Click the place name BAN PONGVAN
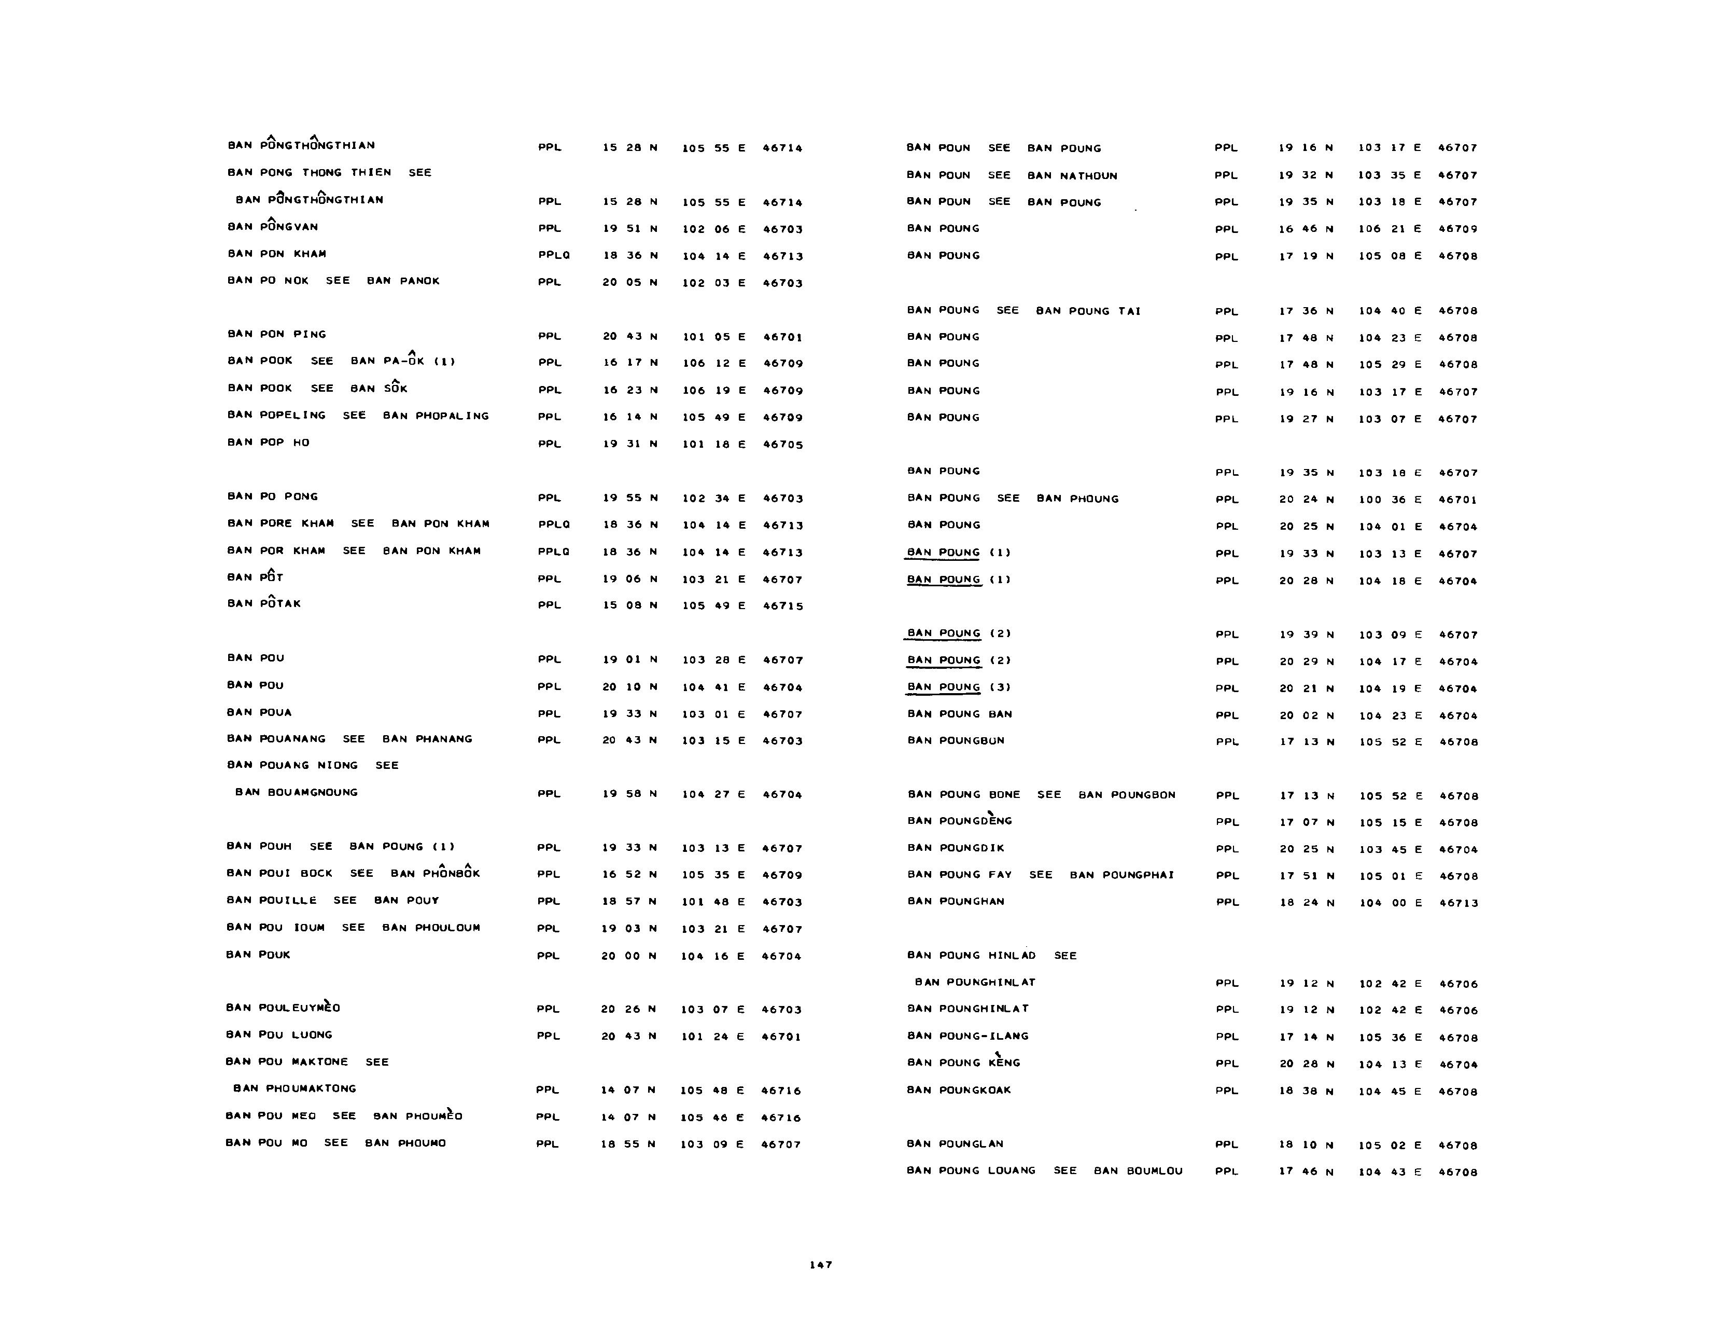coord(273,227)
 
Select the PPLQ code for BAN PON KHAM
coord(554,255)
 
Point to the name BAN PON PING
coord(276,335)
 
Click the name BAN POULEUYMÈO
coord(283,1008)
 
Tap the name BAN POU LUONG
coord(279,1035)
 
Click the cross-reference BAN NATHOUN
coord(1073,175)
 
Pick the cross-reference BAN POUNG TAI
coord(1088,311)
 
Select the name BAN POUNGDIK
coord(956,848)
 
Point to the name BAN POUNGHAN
coord(956,901)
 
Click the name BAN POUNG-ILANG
coord(967,1036)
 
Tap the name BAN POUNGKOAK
coord(959,1090)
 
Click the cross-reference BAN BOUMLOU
coord(1138,1171)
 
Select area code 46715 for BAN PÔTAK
coord(782,606)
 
